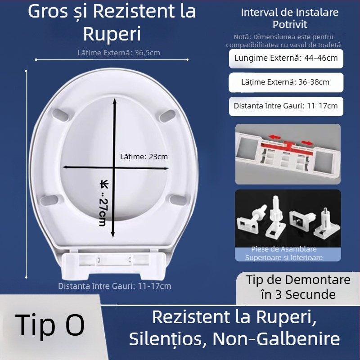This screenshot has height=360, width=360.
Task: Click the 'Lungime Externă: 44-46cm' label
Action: coord(286,58)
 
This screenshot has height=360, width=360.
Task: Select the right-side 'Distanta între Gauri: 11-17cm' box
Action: coord(286,106)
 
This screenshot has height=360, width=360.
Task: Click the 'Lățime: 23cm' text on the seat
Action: coord(144,157)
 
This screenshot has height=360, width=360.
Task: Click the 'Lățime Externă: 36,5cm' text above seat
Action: coord(118,53)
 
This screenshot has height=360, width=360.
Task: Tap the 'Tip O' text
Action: coord(49,324)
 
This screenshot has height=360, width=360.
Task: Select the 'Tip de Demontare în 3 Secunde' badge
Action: coord(298,287)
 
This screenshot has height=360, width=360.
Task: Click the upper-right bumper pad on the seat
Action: coord(167,113)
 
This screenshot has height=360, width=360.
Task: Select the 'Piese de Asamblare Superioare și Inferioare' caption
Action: coord(283,253)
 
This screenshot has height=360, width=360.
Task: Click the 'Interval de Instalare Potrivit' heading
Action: coord(289,18)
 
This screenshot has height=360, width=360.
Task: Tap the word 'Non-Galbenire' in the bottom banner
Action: coord(276,339)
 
